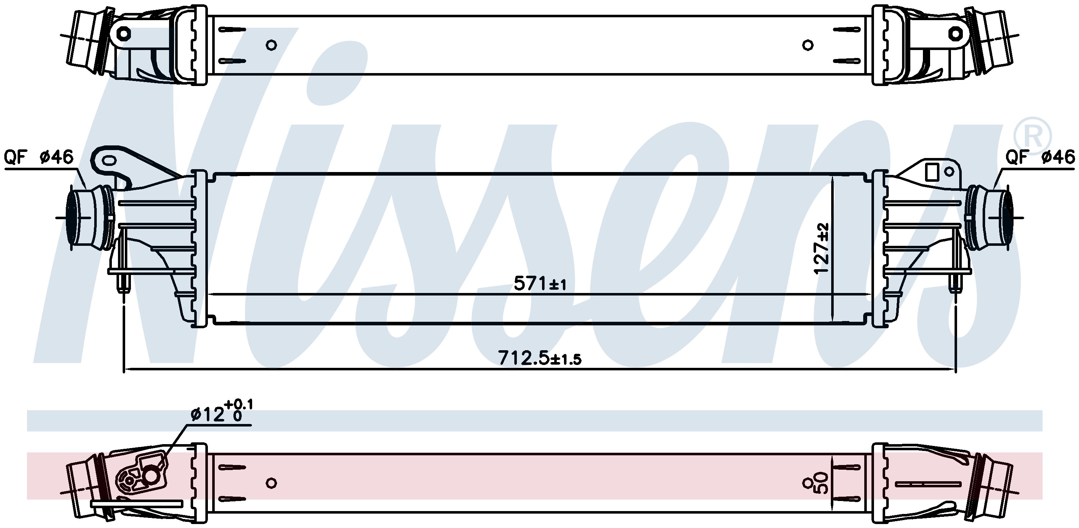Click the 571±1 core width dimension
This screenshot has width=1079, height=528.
540,284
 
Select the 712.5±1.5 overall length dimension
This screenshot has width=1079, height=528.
539,358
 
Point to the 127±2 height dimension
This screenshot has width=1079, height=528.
822,248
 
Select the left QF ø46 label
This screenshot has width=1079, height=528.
38,157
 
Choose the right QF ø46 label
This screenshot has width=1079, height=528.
1041,157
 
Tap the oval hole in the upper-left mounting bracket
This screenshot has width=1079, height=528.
110,161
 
